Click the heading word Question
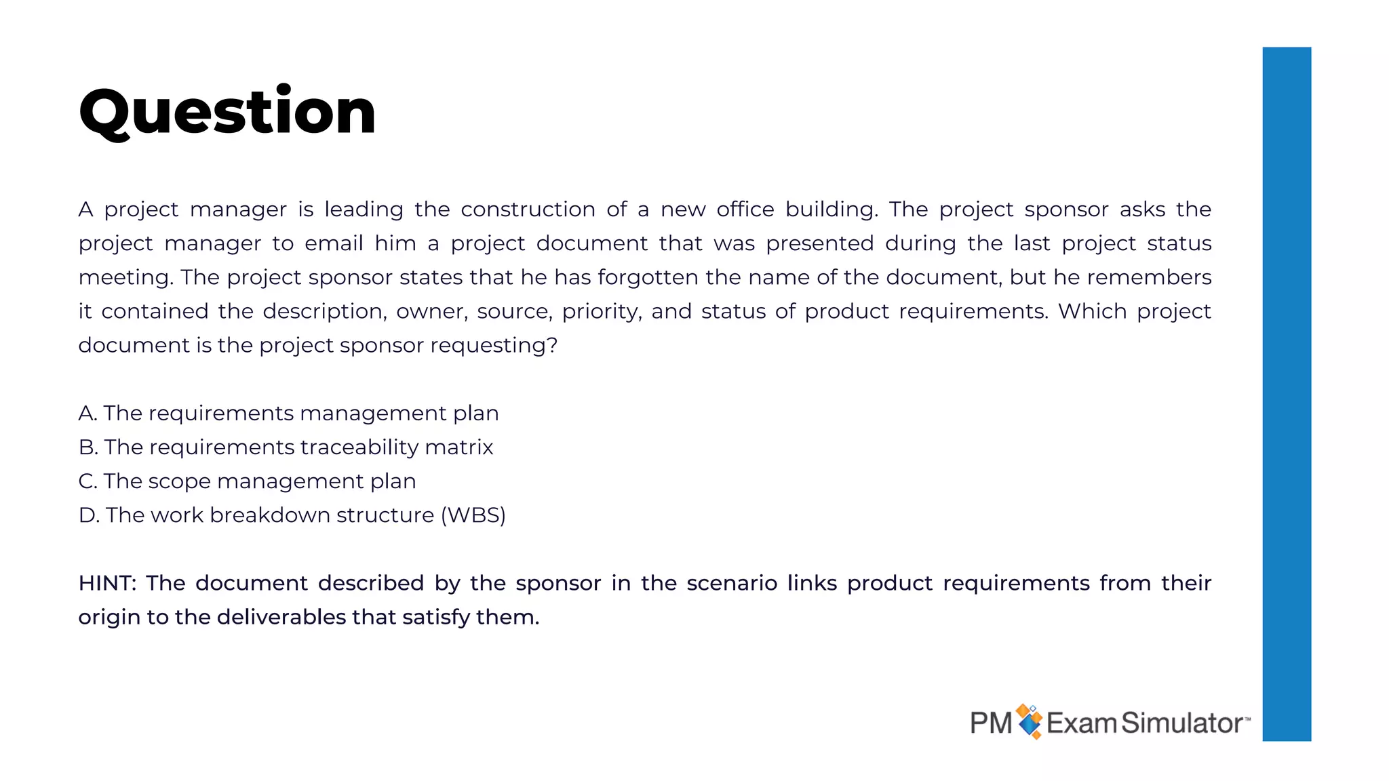tap(227, 112)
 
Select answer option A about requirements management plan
tap(288, 413)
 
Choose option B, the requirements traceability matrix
tap(286, 447)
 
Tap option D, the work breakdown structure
tap(292, 515)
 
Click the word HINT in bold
tap(107, 583)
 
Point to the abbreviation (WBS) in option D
tap(473, 515)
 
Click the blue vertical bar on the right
tap(1287, 393)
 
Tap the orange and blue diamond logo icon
tap(1030, 721)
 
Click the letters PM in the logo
tap(991, 723)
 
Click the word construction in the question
tap(528, 209)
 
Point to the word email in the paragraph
tap(334, 243)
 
